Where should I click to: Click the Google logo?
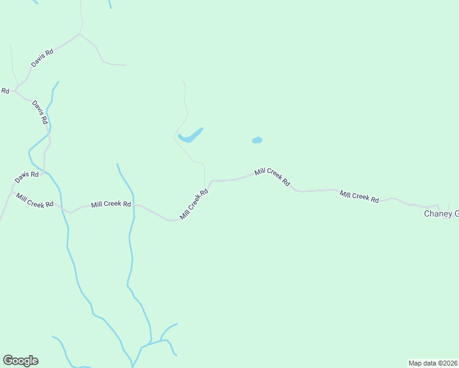point(20,361)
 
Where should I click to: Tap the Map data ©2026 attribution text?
point(433,362)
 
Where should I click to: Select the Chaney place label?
point(441,213)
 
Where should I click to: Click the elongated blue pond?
point(190,136)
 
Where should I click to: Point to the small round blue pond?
point(257,140)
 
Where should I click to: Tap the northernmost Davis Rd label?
point(42,58)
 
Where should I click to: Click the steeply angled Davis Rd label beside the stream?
point(40,112)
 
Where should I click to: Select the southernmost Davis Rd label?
point(27,175)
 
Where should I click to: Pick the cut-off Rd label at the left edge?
point(5,91)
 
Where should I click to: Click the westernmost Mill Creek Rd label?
point(35,201)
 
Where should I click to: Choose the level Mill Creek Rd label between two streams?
point(111,204)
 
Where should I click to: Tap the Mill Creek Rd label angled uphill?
point(194,204)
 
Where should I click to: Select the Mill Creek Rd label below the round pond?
point(272,177)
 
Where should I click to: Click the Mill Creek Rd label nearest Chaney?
point(360,196)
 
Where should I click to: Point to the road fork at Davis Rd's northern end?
point(79,34)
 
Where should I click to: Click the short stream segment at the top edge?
point(110,4)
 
